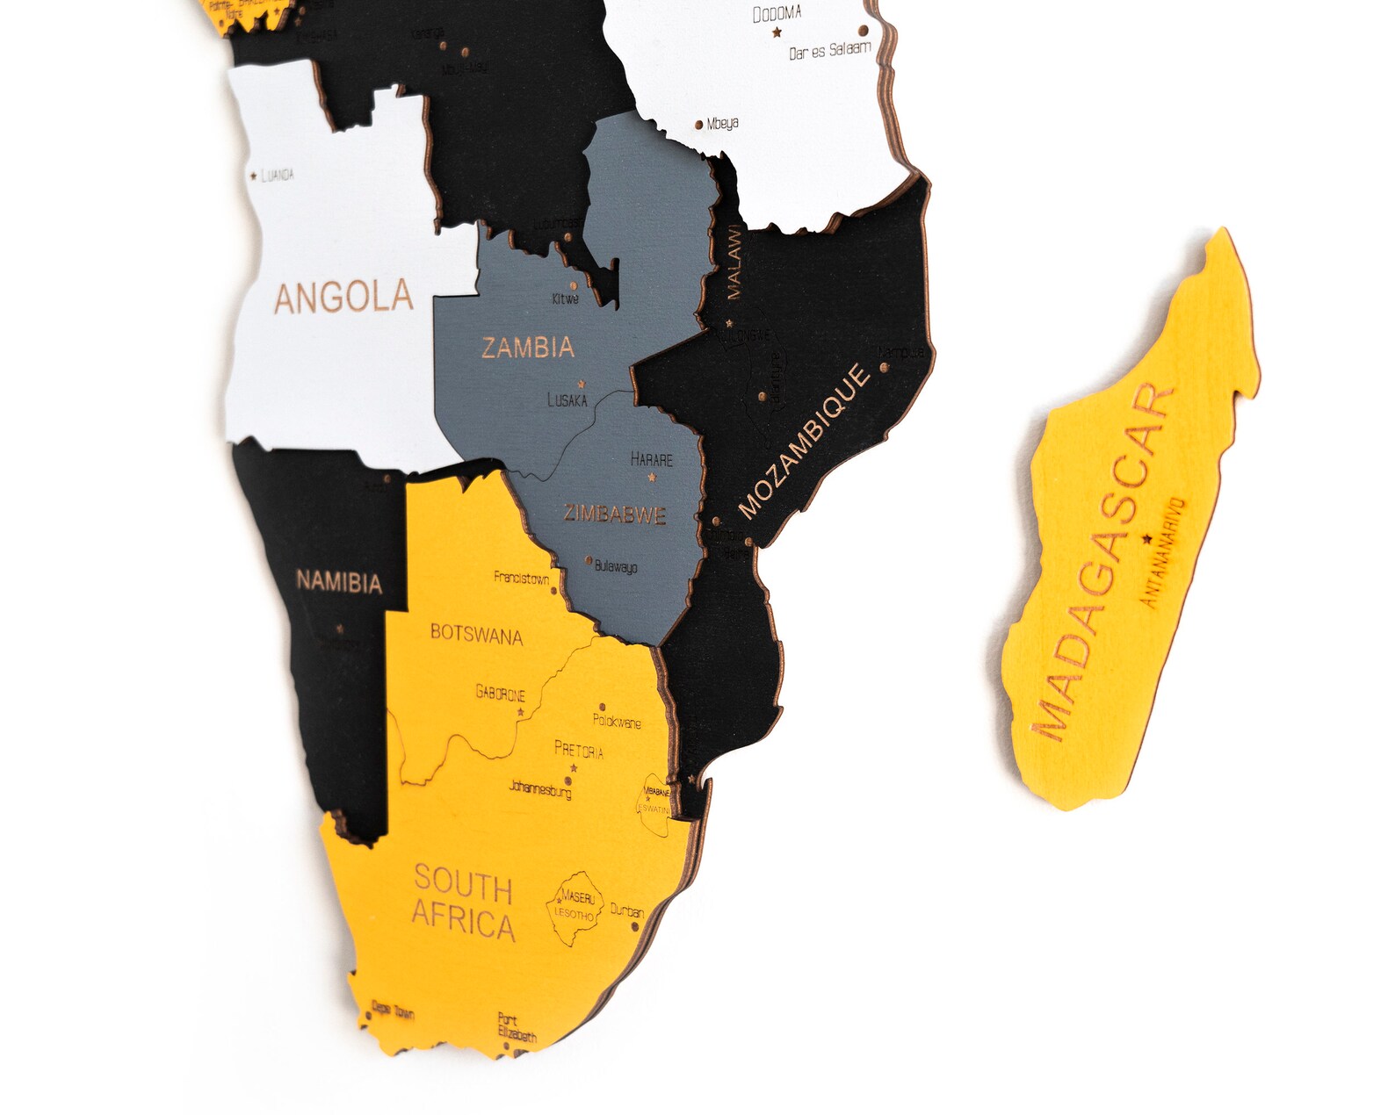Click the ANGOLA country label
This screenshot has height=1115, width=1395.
coord(343,298)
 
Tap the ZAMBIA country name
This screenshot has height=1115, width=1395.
coord(528,348)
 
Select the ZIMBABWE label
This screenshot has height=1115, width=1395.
coord(615,514)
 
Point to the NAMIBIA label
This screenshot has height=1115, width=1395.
coord(339,582)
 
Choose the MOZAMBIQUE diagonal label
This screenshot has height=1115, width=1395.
coord(805,442)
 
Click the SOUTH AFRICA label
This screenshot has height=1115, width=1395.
coord(463,903)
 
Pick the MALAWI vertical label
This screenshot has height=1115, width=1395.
coord(734,263)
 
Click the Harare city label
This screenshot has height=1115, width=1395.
coord(652,459)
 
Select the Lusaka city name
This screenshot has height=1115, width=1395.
coord(567,400)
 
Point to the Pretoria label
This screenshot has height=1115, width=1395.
coord(579,751)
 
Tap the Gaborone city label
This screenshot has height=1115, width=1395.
coord(501,694)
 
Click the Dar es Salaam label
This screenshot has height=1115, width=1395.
coord(829,51)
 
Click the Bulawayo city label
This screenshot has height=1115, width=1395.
coord(616,566)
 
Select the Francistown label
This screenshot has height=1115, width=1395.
coord(521,578)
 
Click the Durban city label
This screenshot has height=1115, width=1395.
coord(627,911)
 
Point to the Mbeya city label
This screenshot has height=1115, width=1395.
coord(722,124)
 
